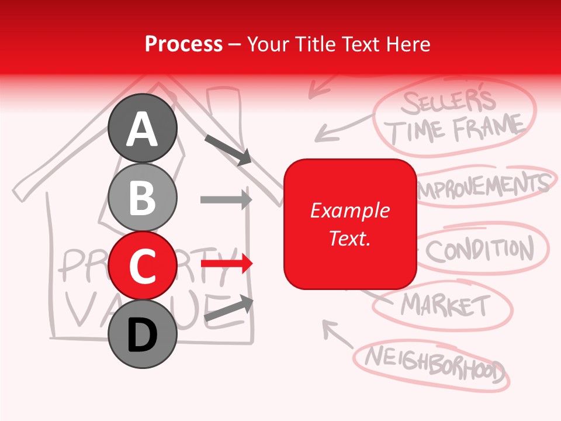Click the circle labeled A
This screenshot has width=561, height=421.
143,128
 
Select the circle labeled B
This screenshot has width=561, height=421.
143,198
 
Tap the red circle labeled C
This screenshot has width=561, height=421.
143,265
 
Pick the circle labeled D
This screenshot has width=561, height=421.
143,334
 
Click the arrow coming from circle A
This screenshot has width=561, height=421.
228,149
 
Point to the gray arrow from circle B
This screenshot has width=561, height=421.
226,199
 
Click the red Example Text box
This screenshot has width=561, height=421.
349,224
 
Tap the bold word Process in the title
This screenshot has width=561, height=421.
183,44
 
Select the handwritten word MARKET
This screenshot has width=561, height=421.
445,305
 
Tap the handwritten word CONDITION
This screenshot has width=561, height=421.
479,250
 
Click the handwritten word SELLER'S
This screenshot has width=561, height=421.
447,103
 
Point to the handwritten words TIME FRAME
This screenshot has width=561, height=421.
456,129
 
